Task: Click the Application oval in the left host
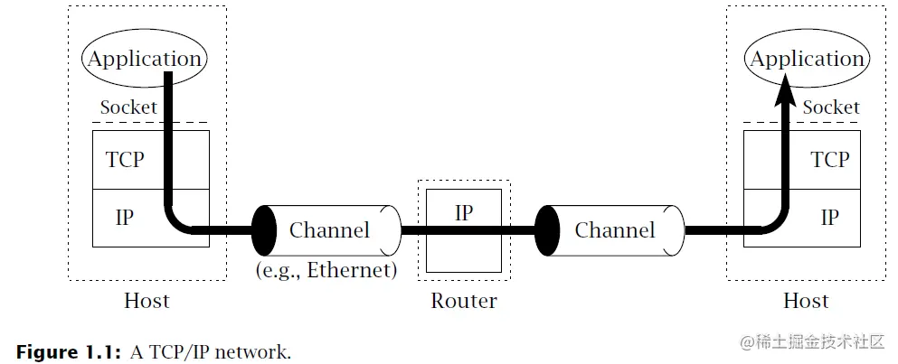(145, 60)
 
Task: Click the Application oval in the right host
(808, 60)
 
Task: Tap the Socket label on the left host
(128, 107)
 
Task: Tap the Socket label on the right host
(831, 107)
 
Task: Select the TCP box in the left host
(125, 160)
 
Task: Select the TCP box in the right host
(829, 160)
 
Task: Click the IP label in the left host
(125, 218)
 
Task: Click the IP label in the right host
(829, 218)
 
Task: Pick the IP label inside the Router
(463, 213)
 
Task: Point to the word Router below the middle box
(464, 301)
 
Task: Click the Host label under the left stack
(147, 301)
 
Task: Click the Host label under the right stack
(806, 301)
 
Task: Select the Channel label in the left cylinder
(329, 230)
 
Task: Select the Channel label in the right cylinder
(615, 230)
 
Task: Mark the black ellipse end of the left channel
(264, 229)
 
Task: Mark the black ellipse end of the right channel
(548, 229)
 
